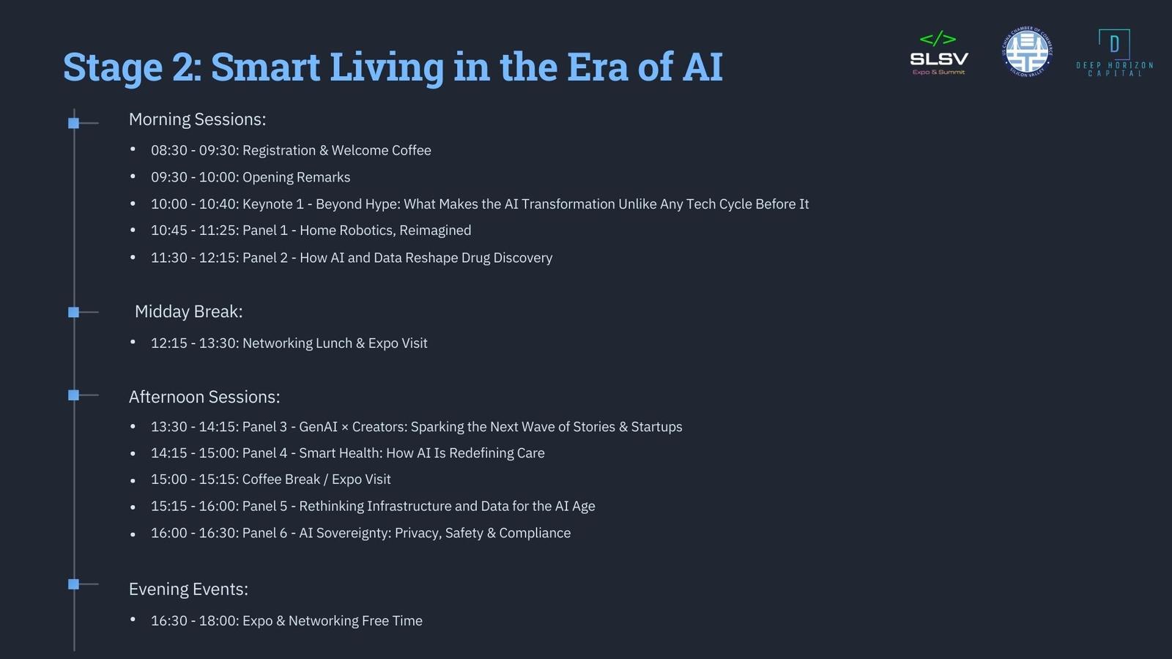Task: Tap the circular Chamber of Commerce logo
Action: (x=1027, y=52)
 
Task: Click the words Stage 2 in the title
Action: (x=133, y=67)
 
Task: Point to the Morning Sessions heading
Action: (x=197, y=120)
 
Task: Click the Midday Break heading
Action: (x=189, y=312)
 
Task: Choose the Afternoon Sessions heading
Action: (x=204, y=397)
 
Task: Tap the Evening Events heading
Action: (x=188, y=589)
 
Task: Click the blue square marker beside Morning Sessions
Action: (x=74, y=124)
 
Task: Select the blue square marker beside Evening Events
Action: (x=74, y=584)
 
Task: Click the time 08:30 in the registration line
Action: (x=169, y=151)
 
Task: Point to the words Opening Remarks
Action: (x=297, y=177)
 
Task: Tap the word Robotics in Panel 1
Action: (x=367, y=231)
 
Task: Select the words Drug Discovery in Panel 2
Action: (x=507, y=258)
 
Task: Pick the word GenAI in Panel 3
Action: (x=318, y=427)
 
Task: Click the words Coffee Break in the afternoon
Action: (x=281, y=480)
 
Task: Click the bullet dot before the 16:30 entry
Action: (x=133, y=619)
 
